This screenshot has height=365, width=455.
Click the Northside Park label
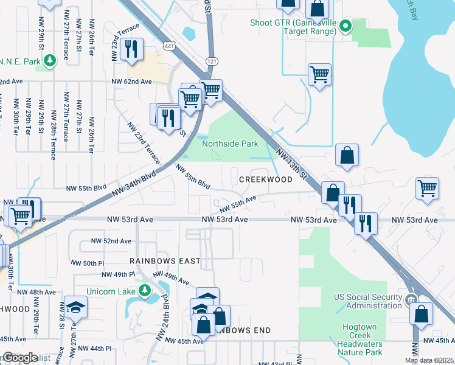coord(230,144)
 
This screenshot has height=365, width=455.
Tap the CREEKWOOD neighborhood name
coord(265,180)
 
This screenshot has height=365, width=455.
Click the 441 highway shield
coord(170,46)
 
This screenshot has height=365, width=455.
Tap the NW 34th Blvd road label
coord(134,183)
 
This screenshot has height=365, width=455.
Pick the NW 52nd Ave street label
coord(111,241)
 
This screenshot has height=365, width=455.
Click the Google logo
coord(19,358)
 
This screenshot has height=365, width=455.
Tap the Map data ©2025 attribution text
coord(428,360)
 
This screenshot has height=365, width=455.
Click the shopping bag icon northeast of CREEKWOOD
coord(346,155)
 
